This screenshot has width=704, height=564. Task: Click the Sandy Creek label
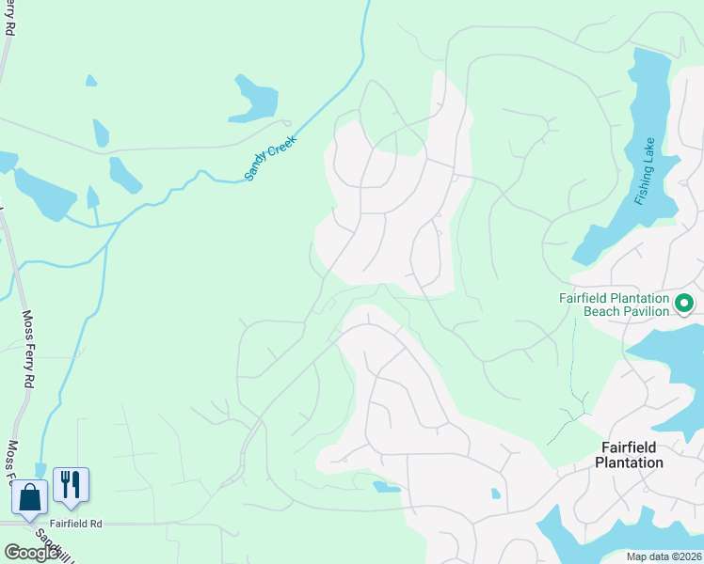271,157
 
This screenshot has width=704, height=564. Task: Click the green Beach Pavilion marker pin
684,303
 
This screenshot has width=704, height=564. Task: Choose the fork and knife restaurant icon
72,484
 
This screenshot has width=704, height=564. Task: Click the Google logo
31,553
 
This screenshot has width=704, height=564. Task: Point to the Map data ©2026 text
664,556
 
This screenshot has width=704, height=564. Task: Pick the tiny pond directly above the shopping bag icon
40,469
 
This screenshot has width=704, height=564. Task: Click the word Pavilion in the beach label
645,311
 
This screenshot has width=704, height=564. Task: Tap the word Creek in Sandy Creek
283,146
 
